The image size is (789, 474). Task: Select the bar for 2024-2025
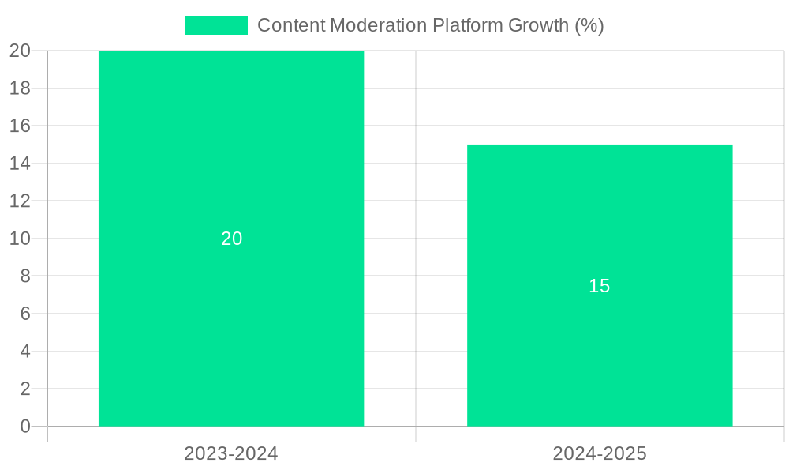[x=600, y=355]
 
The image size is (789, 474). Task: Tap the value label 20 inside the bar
[x=231, y=239]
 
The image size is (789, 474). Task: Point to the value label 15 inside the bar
[x=600, y=286]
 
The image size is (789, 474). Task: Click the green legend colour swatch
[x=215, y=25]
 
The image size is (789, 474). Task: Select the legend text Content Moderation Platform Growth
[x=430, y=25]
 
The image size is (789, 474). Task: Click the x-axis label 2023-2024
[x=231, y=453]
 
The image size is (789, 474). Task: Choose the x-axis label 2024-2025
[x=600, y=453]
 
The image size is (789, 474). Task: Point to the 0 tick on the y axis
[x=24, y=427]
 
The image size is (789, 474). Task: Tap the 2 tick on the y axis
[x=24, y=389]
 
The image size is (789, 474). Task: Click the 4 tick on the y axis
[x=24, y=352]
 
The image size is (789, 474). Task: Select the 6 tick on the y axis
[x=24, y=314]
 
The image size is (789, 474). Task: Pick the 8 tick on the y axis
[x=24, y=276]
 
